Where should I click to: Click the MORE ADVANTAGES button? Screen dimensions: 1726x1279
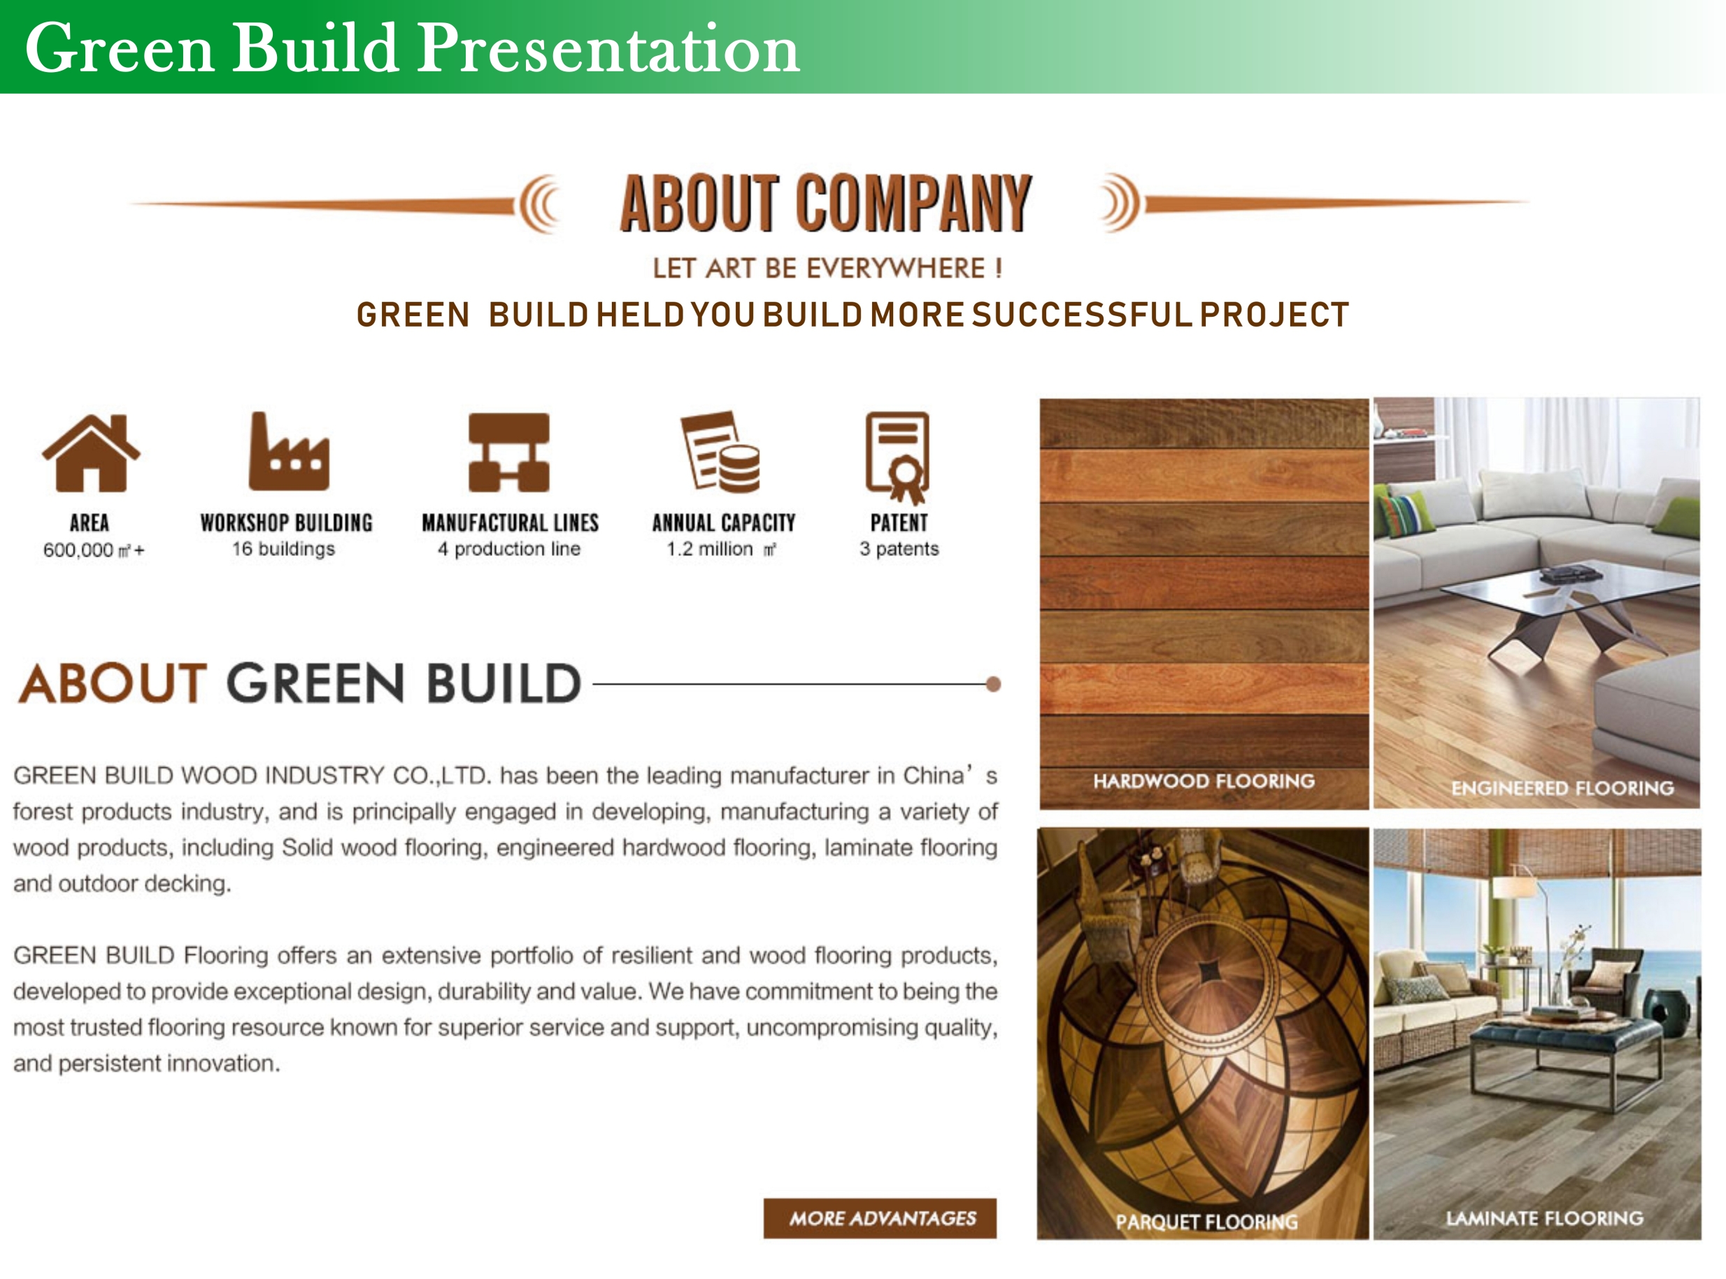click(x=880, y=1218)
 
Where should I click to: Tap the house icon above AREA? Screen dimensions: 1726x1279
click(x=91, y=453)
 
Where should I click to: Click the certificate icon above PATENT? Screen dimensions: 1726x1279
click(x=898, y=457)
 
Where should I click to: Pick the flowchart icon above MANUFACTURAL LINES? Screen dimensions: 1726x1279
click(x=508, y=452)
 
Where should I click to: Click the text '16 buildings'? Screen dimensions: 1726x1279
click(x=283, y=549)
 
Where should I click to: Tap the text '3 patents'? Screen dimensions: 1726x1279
click(x=899, y=549)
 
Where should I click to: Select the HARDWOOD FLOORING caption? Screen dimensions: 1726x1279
click(x=1204, y=780)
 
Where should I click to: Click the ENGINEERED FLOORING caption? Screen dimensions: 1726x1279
click(x=1562, y=788)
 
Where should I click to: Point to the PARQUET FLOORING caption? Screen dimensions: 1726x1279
click(x=1206, y=1222)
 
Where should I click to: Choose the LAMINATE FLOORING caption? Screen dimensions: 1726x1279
click(x=1545, y=1218)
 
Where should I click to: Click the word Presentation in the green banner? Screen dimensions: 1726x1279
click(x=608, y=49)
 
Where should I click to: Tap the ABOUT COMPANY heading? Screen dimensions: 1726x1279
click(x=825, y=203)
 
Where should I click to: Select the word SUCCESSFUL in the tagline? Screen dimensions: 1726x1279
click(x=1082, y=315)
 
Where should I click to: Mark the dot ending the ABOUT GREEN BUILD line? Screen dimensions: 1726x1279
click(x=994, y=684)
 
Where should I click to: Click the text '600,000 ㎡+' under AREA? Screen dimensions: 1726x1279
click(x=94, y=550)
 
